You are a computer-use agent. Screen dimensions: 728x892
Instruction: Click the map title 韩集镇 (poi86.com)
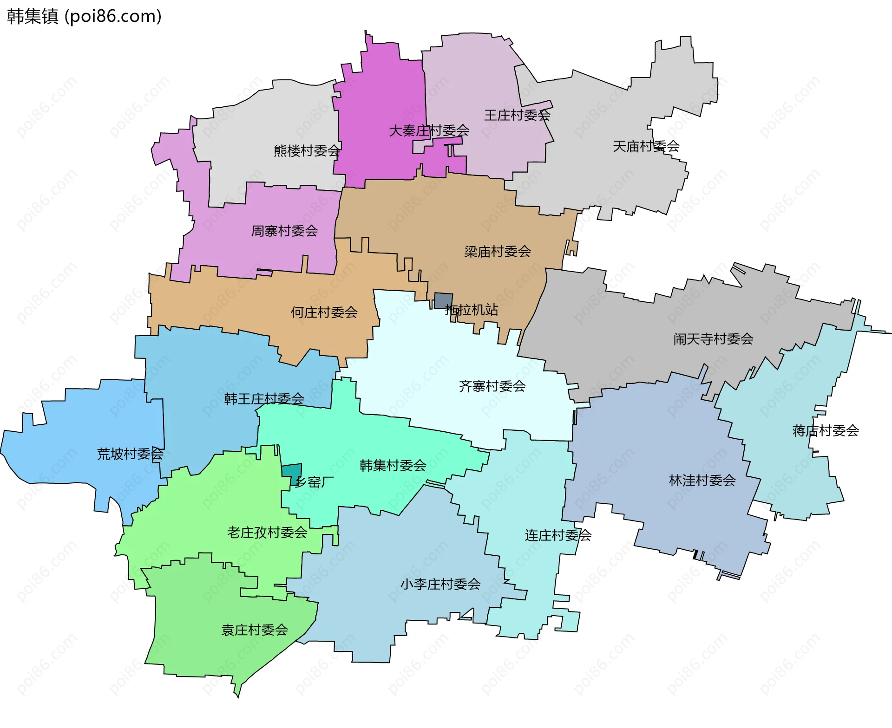tap(84, 16)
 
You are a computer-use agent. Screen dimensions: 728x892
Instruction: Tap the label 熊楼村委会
tap(307, 150)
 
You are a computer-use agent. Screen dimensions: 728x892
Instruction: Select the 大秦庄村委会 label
tap(429, 130)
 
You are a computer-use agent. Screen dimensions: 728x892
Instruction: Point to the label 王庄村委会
tap(517, 115)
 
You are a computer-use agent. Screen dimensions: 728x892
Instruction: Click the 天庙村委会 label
tap(646, 146)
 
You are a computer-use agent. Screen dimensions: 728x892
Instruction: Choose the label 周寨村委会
tap(284, 231)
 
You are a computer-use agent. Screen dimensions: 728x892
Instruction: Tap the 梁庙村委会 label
tap(497, 252)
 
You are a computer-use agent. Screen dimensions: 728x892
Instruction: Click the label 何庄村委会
tap(324, 312)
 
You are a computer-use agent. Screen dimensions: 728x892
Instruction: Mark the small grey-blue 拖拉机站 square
tap(443, 300)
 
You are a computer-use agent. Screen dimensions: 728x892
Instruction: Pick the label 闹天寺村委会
tap(713, 339)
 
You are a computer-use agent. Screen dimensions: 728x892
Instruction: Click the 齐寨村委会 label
tap(492, 386)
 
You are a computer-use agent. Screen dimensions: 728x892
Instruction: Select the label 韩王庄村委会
tap(264, 398)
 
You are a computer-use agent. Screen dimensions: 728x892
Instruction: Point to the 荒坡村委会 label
tap(130, 454)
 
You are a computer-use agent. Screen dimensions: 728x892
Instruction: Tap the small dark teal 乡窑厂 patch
tap(292, 471)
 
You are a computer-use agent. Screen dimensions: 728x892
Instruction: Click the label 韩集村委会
tap(393, 465)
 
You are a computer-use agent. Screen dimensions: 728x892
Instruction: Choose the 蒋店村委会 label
tap(825, 430)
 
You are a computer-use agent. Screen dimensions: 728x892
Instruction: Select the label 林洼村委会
tap(702, 480)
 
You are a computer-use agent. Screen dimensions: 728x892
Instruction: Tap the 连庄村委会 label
tap(558, 535)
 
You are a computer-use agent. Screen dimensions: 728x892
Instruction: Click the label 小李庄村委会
tap(440, 584)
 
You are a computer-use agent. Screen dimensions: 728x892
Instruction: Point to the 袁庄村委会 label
tap(255, 630)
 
